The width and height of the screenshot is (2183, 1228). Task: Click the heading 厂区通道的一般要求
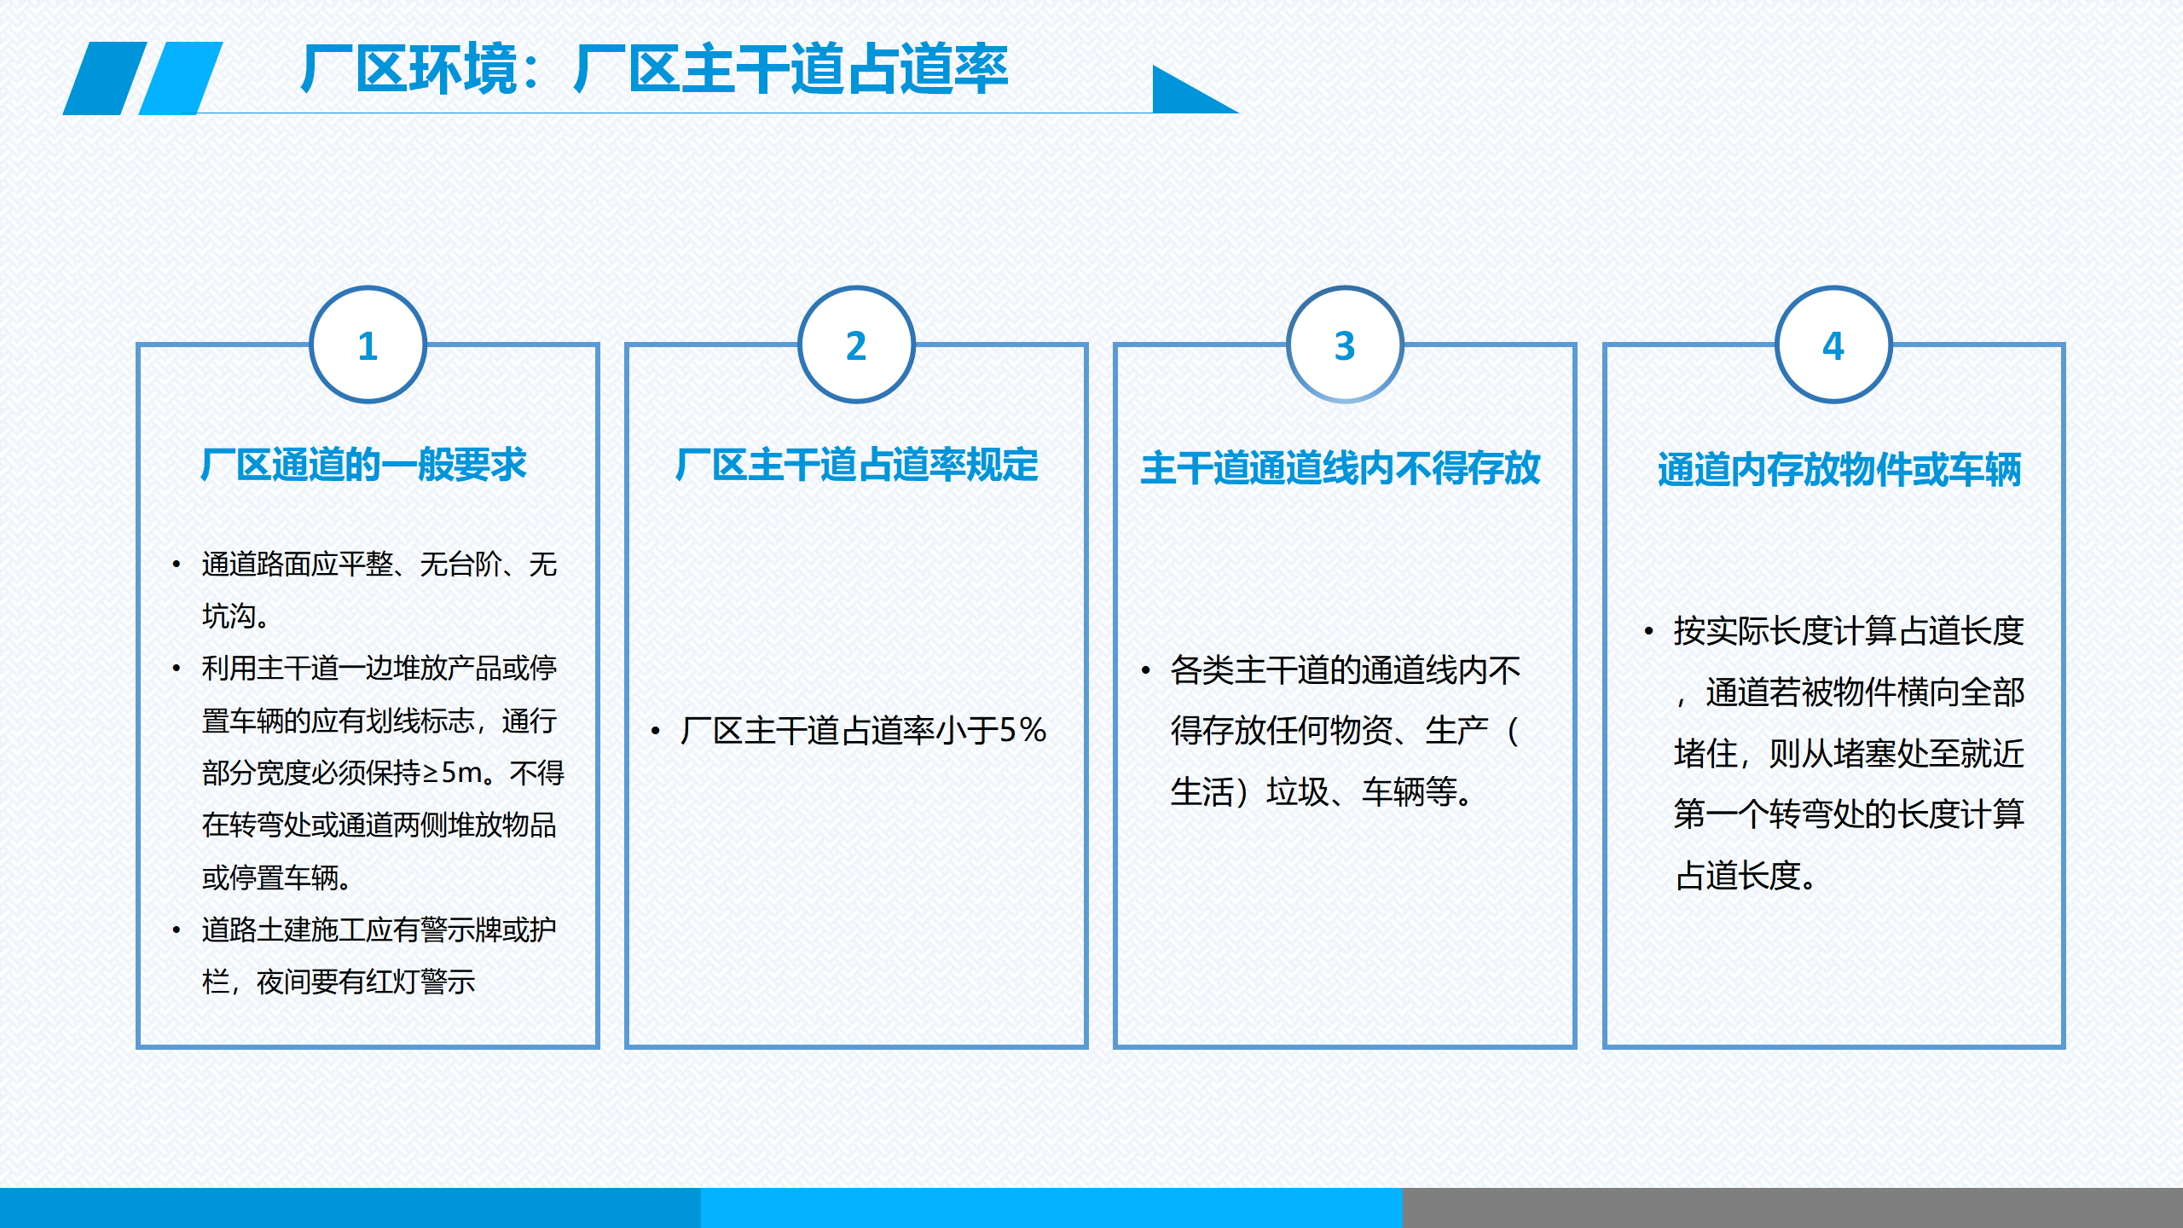(364, 466)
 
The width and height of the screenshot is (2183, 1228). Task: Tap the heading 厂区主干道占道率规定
(856, 466)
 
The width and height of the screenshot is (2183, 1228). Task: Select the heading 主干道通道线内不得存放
(1340, 468)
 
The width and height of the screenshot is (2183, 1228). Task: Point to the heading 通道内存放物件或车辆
(1839, 470)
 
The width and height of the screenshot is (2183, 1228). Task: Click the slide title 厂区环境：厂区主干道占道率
(655, 69)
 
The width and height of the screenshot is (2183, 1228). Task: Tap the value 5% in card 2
(1022, 730)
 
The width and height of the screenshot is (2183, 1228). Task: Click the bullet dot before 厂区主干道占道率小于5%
(655, 731)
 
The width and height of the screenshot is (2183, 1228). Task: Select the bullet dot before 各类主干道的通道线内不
(1145, 670)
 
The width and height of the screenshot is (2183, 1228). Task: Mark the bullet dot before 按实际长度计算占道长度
(1648, 631)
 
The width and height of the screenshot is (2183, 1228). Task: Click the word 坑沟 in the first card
(229, 616)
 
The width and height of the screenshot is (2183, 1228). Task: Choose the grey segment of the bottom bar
(1792, 1208)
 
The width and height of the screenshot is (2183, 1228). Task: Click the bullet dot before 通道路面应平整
(176, 565)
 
